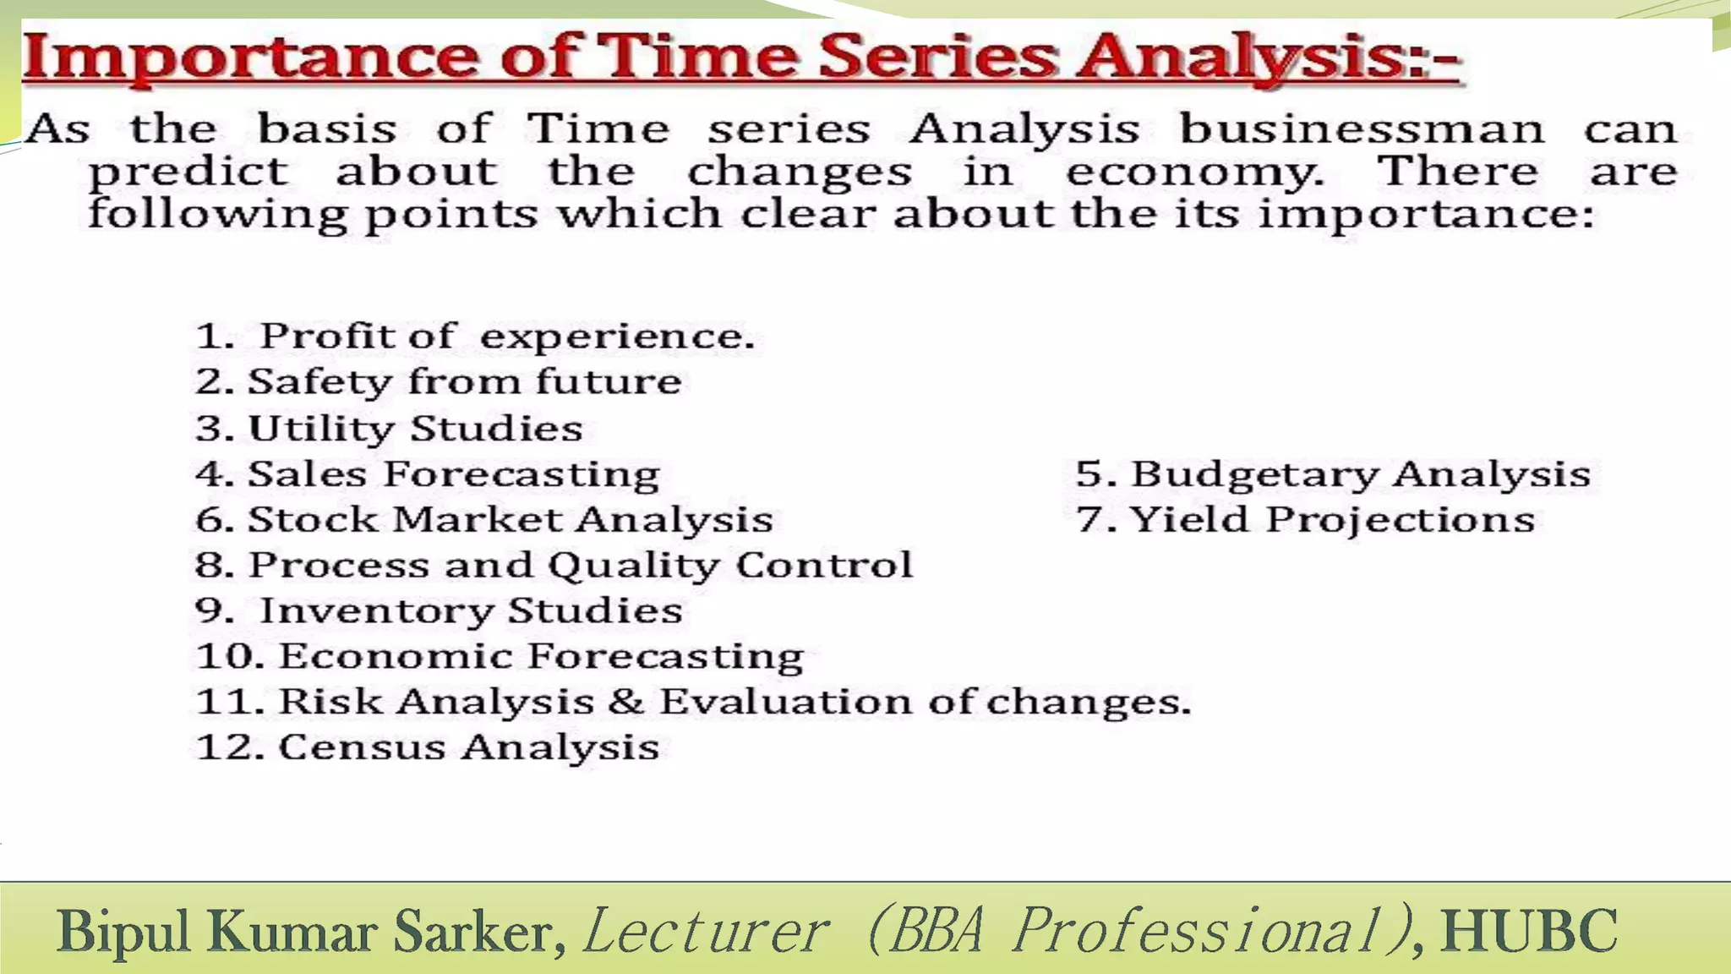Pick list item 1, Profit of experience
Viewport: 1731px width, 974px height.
[475, 337]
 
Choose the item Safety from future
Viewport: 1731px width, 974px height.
[439, 382]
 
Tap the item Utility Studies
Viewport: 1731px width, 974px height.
[390, 428]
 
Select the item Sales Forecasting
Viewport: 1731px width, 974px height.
[428, 473]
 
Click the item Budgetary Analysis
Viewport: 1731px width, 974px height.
[1333, 473]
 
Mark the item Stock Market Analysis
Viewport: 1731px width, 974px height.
[484, 519]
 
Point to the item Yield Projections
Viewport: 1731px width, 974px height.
[1306, 519]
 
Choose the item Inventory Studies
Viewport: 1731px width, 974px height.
[439, 610]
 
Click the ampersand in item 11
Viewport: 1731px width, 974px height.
[625, 702]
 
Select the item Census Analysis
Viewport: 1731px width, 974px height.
[428, 747]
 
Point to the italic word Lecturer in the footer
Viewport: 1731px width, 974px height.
[706, 931]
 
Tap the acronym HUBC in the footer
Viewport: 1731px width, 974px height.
[1529, 931]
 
